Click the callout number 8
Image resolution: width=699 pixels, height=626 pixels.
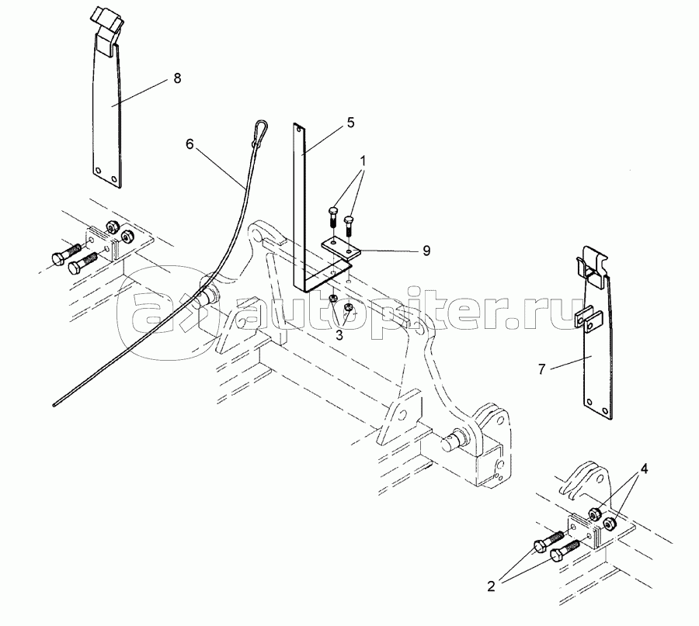177,78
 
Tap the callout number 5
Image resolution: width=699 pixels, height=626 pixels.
351,123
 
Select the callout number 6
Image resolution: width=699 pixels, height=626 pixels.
190,144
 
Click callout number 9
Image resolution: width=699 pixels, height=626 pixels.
426,251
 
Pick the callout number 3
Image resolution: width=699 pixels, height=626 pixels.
339,336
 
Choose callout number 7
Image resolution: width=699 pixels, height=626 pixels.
542,369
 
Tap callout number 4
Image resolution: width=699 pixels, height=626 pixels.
645,469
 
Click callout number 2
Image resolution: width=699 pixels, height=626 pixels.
492,586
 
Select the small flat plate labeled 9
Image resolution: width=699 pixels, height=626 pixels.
342,248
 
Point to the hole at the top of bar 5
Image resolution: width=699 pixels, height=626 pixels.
299,129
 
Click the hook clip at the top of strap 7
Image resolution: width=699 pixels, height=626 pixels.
590,265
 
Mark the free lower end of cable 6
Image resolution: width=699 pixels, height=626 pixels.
54,405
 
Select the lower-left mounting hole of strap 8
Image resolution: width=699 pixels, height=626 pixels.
98,171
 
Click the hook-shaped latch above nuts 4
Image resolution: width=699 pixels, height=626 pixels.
583,482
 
